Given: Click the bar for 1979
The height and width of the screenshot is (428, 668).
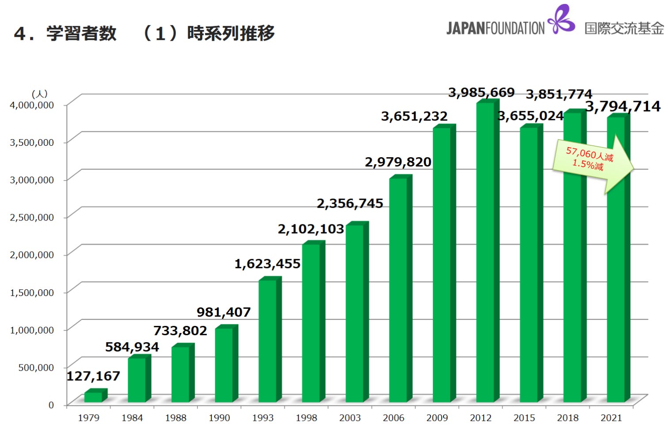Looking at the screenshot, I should pyautogui.click(x=94, y=397).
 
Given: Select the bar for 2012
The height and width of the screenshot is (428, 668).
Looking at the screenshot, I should pyautogui.click(x=485, y=252).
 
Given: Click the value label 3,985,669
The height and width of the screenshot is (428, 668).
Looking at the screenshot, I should pyautogui.click(x=481, y=92).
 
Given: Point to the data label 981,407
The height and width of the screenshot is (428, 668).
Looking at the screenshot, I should pyautogui.click(x=224, y=312).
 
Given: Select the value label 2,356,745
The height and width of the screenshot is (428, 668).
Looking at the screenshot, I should pyautogui.click(x=350, y=203).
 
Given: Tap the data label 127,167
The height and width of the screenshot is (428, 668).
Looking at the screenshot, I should pyautogui.click(x=93, y=376).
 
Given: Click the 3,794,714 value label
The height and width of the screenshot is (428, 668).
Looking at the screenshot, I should pyautogui.click(x=622, y=106).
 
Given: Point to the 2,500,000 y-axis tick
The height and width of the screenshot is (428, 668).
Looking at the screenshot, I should pyautogui.click(x=32, y=217).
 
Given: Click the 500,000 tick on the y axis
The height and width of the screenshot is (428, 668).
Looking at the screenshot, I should pyautogui.click(x=36, y=367).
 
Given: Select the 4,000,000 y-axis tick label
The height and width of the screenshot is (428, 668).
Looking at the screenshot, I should pyautogui.click(x=32, y=105).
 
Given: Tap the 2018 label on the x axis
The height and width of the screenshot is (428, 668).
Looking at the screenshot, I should pyautogui.click(x=568, y=418).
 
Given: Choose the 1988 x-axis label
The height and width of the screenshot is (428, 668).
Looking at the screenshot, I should pyautogui.click(x=176, y=418).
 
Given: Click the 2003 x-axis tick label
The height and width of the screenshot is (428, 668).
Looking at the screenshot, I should pyautogui.click(x=350, y=418).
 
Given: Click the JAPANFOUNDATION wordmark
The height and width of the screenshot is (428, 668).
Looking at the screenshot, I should pyautogui.click(x=495, y=28).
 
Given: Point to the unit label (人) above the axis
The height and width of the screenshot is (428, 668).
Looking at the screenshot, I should pyautogui.click(x=39, y=94).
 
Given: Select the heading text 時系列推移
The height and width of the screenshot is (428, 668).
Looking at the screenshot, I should pyautogui.click(x=231, y=33).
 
